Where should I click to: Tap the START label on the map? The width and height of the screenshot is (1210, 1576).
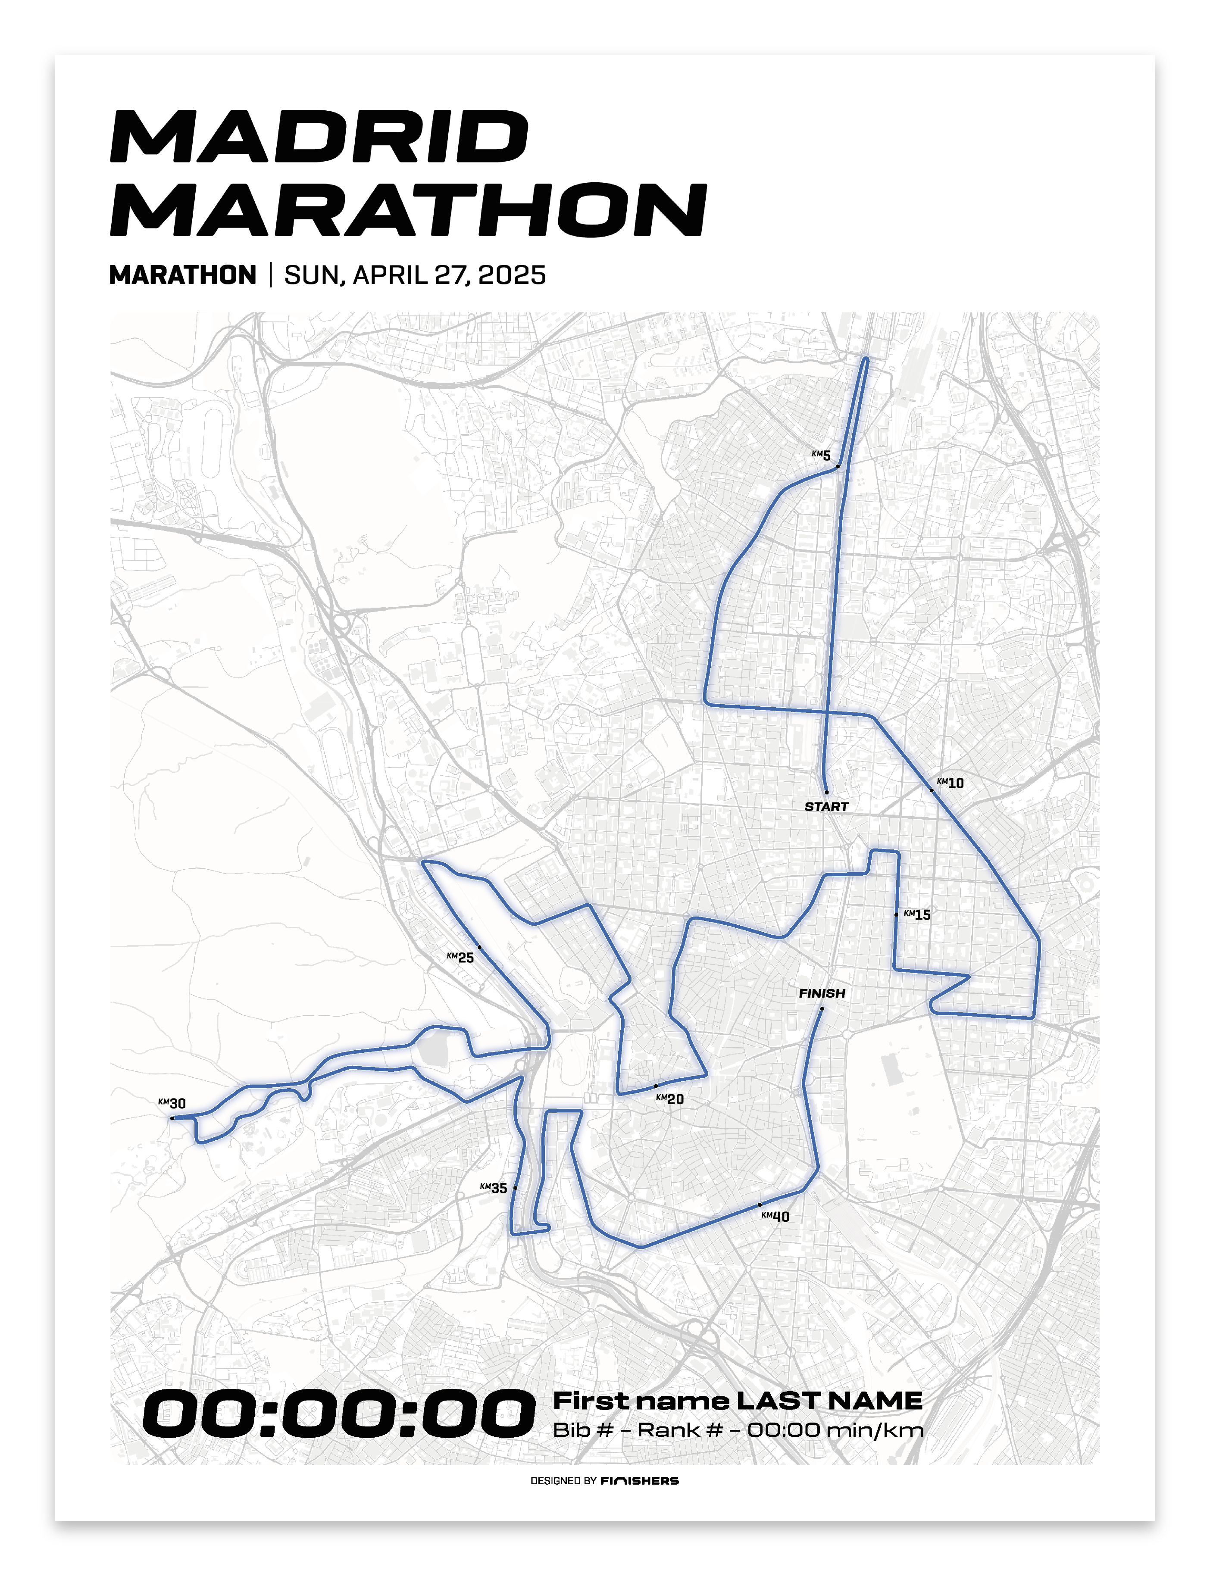(826, 806)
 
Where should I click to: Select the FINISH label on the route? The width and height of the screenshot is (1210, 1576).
(822, 993)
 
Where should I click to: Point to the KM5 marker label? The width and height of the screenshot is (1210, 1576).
(821, 455)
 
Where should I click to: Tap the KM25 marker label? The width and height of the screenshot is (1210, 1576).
(460, 957)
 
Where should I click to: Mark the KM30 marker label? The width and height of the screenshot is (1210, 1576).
(172, 1103)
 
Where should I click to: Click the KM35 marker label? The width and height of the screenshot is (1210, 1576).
(494, 1188)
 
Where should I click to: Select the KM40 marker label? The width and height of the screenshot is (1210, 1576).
(775, 1216)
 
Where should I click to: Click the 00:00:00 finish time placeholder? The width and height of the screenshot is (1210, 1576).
(338, 1414)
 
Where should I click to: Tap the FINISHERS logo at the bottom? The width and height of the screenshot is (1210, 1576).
(640, 1480)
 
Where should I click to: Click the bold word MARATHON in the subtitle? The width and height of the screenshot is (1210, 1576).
(183, 275)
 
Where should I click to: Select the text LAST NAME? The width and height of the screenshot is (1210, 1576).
(828, 1400)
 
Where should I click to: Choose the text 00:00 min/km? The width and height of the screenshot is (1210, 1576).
(835, 1430)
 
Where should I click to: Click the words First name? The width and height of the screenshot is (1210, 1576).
(641, 1400)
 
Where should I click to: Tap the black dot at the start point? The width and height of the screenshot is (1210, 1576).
(826, 792)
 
